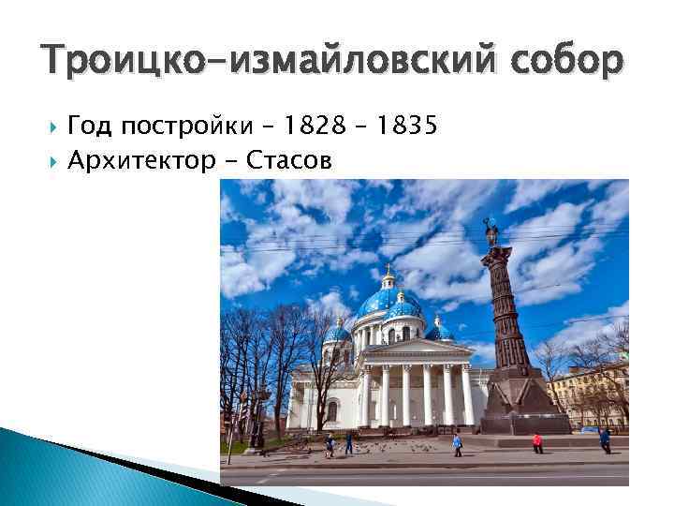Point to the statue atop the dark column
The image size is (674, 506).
tap(491, 231)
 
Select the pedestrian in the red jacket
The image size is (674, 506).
tap(537, 441)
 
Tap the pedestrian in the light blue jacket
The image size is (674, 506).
tap(457, 442)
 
